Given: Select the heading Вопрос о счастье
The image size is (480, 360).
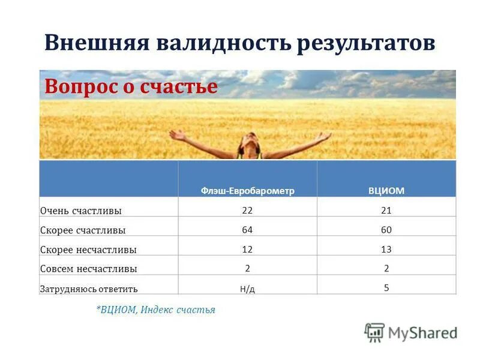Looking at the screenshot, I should (131, 87).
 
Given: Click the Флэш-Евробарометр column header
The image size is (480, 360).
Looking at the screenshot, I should (247, 190).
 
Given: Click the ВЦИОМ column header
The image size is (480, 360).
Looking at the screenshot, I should (386, 190).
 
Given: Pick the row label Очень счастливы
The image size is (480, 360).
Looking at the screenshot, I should (81, 211).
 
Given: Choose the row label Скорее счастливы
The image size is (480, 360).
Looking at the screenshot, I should (83, 230).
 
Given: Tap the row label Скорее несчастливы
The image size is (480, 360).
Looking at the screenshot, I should (88, 250).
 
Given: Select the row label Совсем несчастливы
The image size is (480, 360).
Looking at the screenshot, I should (88, 269).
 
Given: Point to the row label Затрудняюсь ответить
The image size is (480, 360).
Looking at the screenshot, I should (89, 289).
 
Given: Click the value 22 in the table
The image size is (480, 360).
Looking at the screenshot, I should (247, 210).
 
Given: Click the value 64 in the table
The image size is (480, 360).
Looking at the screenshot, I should (247, 230).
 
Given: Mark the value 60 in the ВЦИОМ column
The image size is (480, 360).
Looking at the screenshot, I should (386, 230).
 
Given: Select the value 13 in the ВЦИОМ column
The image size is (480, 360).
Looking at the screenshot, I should (386, 249).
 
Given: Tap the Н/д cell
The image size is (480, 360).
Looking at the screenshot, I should (247, 289).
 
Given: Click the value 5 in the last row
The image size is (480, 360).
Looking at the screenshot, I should (386, 287).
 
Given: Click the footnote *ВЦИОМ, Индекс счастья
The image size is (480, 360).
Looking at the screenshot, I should (155, 310).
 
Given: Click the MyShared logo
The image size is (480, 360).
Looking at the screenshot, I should (411, 332).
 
